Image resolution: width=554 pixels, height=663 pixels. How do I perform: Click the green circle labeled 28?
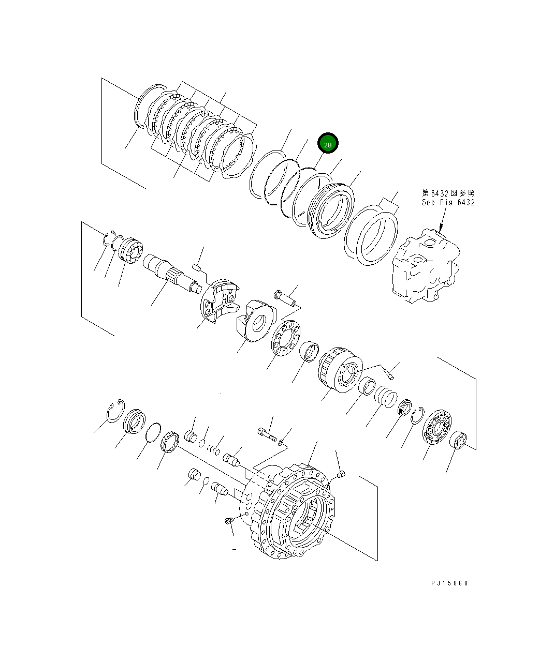tap(328, 144)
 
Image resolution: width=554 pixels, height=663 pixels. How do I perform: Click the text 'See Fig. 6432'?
tap(448, 202)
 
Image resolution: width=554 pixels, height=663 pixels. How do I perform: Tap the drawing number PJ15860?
tap(449, 583)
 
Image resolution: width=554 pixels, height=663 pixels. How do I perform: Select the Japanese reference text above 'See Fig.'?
tap(448, 193)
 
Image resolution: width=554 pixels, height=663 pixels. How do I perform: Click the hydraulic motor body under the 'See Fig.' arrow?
tap(426, 269)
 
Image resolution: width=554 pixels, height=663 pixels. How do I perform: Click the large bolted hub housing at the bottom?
tap(293, 512)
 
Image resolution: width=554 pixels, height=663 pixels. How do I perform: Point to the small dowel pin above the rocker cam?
tap(196, 267)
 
